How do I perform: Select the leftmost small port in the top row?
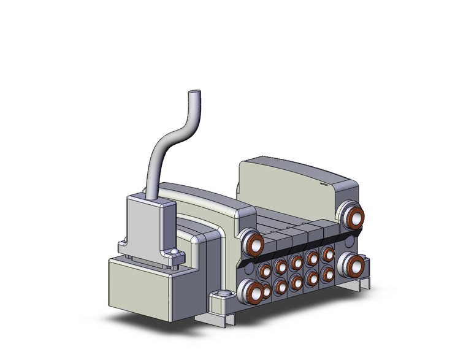265,270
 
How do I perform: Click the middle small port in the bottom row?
297,281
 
